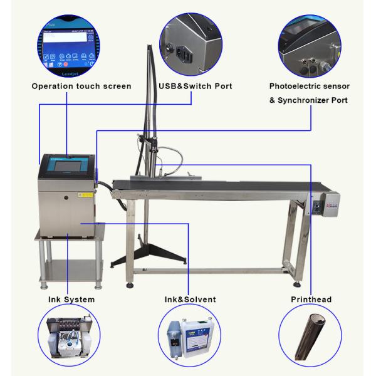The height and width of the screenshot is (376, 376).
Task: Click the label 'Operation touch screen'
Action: pyautogui.click(x=82, y=86)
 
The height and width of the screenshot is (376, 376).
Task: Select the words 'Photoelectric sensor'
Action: pyautogui.click(x=310, y=86)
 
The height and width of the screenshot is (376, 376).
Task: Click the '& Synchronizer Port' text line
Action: pyautogui.click(x=309, y=100)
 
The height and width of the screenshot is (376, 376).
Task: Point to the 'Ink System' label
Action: pyautogui.click(x=73, y=300)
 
